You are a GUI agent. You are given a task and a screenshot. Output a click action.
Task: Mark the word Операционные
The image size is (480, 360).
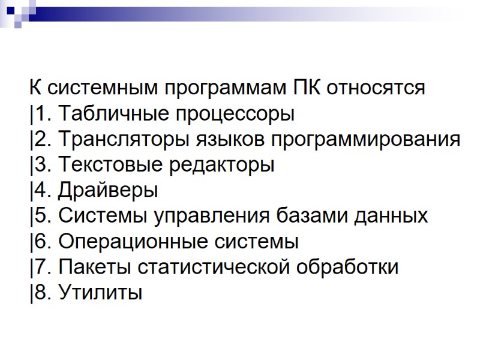coord(125,242)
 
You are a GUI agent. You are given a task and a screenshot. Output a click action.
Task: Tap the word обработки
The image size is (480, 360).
coord(347,268)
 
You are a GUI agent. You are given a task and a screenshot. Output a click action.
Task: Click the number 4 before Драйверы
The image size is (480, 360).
coord(38,191)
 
